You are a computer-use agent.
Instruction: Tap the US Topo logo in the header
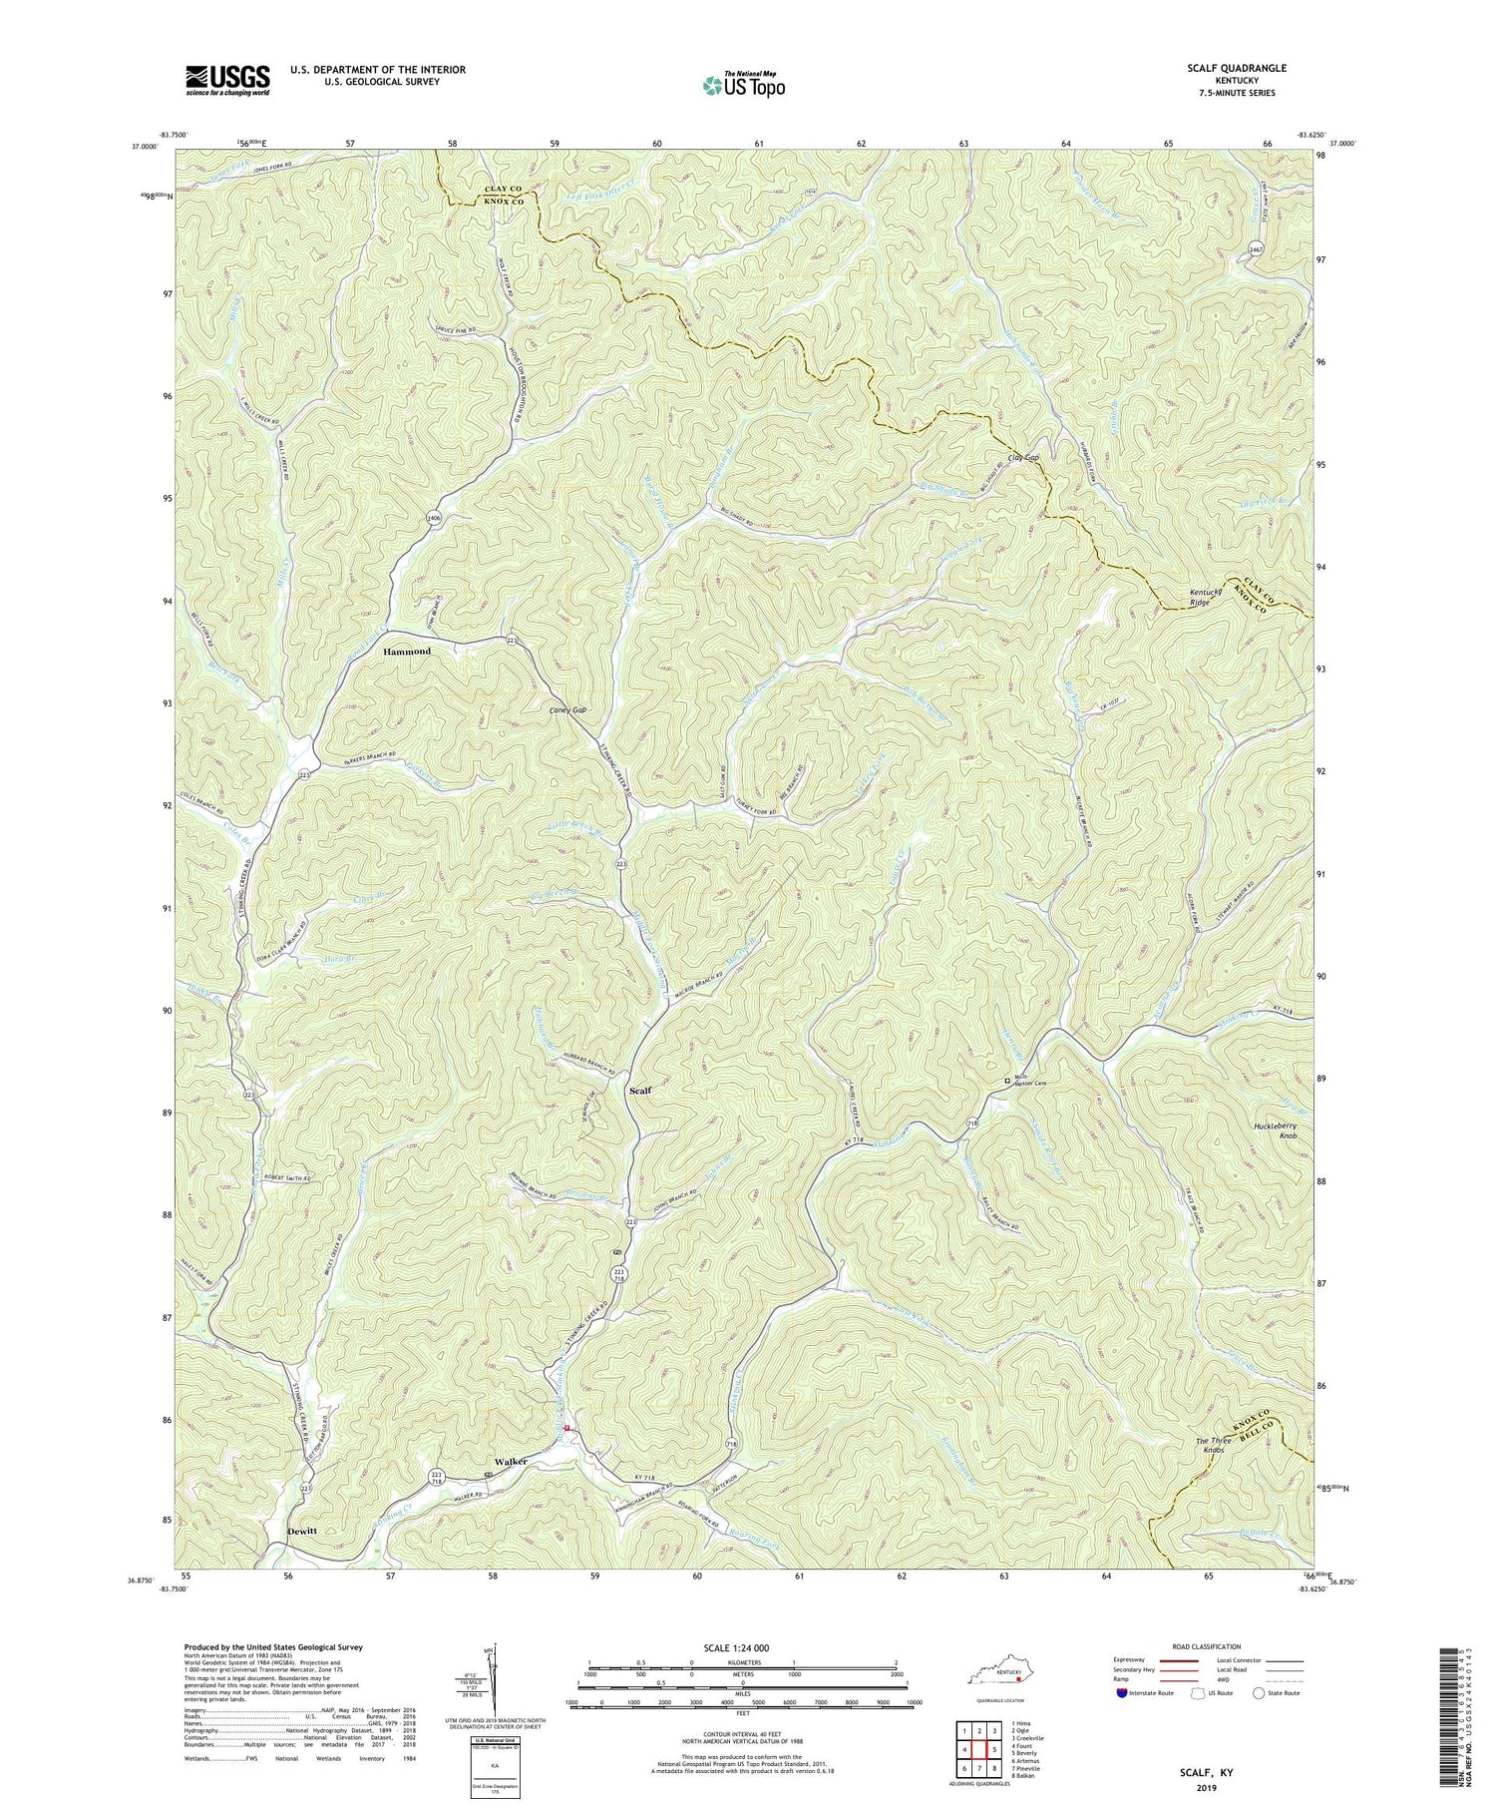click(741, 85)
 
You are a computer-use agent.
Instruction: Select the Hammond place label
click(407, 652)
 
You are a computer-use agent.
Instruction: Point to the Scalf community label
click(639, 1091)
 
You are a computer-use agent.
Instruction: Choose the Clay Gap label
click(1023, 458)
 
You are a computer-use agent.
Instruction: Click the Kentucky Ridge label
click(1210, 599)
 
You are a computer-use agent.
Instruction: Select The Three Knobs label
click(1211, 1454)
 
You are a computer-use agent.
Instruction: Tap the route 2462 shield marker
click(1256, 247)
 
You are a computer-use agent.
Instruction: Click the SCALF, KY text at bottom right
click(1199, 1772)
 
